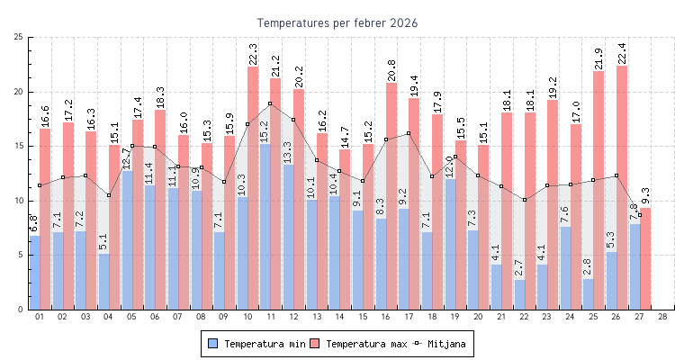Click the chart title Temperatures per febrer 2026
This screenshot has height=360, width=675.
coord(337,22)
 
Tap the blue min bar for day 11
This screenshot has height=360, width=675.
coord(265,225)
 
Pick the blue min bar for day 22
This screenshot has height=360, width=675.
coord(519,294)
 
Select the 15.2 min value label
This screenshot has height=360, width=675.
coord(265,130)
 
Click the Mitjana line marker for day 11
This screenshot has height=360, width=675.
coord(270,103)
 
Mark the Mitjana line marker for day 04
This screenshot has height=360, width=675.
coord(108,195)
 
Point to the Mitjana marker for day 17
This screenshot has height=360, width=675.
coord(409,133)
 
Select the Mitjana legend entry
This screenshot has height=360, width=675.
coord(442,344)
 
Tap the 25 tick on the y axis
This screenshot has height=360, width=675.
coord(19,37)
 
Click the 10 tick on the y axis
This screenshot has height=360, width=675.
coord(19,201)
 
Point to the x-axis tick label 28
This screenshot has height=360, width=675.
coord(662,317)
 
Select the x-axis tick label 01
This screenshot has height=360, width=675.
coord(39,317)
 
